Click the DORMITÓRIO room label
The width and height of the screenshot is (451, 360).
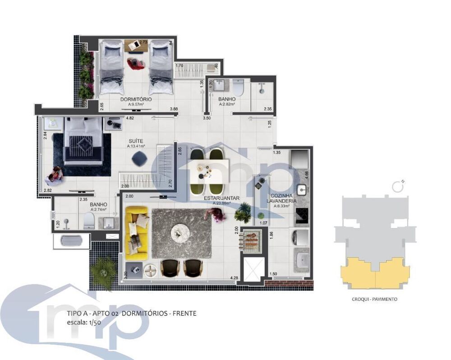[136, 99]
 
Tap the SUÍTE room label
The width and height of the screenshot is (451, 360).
[135, 141]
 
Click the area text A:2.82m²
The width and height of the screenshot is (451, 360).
[227, 104]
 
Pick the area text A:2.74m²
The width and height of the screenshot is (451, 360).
[98, 210]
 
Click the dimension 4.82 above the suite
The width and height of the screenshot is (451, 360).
[130, 118]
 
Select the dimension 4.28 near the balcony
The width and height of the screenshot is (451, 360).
[234, 278]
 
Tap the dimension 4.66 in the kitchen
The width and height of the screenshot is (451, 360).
[306, 173]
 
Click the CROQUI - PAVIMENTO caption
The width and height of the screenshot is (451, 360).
[374, 299]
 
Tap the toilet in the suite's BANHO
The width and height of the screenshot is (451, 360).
[88, 221]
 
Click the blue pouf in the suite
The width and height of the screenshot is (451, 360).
[139, 158]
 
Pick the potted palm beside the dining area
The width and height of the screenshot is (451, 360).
[244, 212]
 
